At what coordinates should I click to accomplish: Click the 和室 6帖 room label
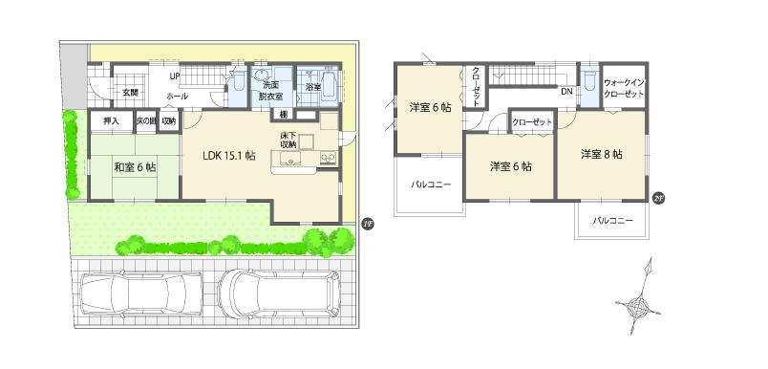(135, 167)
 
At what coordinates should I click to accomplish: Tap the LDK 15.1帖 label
(227, 155)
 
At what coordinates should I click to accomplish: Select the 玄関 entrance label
(130, 93)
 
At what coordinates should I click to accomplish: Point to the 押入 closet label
(112, 120)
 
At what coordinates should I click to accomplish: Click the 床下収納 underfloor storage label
(288, 143)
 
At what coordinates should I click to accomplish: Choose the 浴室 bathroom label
(311, 87)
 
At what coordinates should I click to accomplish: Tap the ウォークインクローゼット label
(626, 90)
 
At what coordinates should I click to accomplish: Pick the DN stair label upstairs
(565, 92)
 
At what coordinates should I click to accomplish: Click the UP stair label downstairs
(175, 76)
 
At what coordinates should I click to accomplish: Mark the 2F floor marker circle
(657, 198)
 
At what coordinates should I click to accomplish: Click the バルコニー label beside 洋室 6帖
(430, 184)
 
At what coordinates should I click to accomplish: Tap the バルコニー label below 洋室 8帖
(612, 221)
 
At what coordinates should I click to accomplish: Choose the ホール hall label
(177, 98)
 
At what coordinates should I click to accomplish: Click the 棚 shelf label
(285, 115)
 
